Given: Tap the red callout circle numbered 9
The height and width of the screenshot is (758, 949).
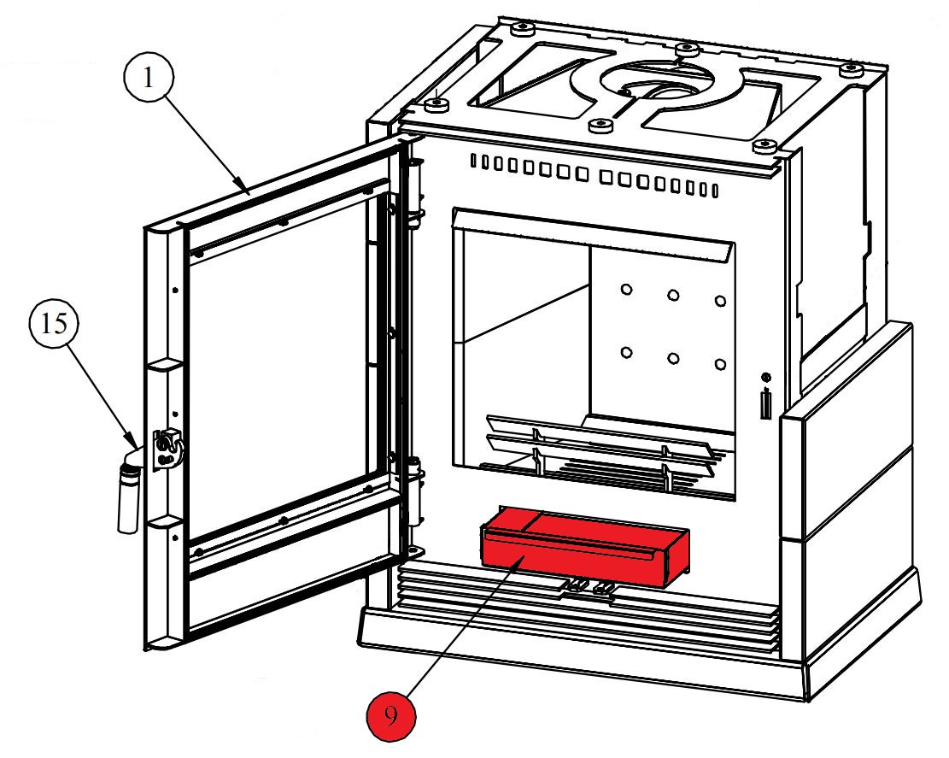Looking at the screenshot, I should (x=390, y=716).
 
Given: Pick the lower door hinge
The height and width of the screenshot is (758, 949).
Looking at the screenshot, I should (x=416, y=491).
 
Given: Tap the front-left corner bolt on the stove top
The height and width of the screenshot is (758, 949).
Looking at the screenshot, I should (x=437, y=103).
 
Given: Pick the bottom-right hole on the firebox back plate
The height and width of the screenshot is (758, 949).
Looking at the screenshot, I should (x=720, y=364).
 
